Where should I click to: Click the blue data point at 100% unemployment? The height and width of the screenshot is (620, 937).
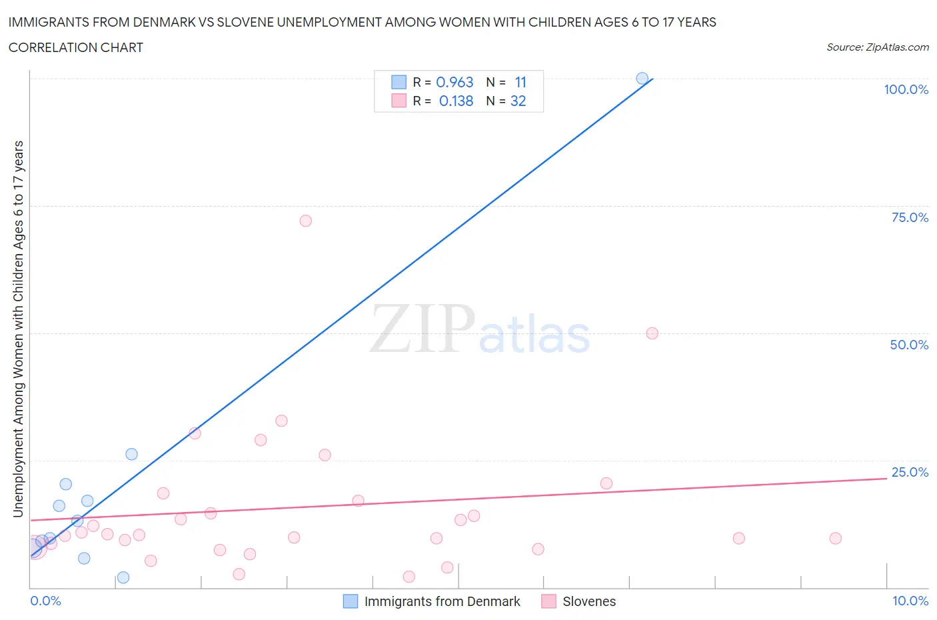[x=642, y=79]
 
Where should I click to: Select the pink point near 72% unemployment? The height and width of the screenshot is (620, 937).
[x=305, y=221]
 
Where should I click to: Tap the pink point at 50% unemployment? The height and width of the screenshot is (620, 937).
[x=652, y=333]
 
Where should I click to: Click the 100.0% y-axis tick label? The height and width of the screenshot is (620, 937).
[x=906, y=89]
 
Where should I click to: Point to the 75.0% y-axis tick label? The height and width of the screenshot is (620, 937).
[x=909, y=217]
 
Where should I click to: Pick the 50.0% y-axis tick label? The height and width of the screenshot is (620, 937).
[x=909, y=345]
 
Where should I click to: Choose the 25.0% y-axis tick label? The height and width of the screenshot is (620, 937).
[x=909, y=472]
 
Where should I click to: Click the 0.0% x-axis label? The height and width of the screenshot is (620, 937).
[x=45, y=601]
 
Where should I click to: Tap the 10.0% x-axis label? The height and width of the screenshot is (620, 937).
[x=910, y=601]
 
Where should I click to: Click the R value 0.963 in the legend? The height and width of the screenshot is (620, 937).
[x=455, y=82]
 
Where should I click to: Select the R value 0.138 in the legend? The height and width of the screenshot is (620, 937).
[x=456, y=101]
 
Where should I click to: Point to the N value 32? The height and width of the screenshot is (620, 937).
[x=518, y=101]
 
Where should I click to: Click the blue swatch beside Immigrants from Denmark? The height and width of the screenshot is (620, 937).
[x=351, y=601]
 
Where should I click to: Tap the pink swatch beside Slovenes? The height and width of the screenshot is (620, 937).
[x=548, y=601]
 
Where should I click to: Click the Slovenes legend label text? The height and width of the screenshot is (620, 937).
[x=589, y=601]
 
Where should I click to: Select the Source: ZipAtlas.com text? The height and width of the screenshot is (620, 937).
[x=877, y=47]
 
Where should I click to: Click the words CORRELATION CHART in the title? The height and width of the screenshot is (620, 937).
[x=76, y=47]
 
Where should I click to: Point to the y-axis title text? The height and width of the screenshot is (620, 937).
[x=18, y=329]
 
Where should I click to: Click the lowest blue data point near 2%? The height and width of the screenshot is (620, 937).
[x=123, y=577]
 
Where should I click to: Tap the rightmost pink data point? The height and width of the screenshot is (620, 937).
[x=835, y=538]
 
